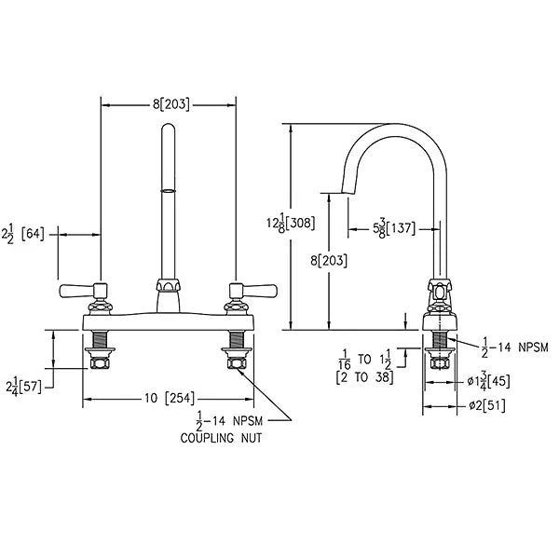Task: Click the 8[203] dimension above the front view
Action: [170, 104]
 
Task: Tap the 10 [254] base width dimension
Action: [170, 398]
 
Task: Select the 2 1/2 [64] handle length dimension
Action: [23, 234]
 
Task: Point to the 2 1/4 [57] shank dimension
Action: [23, 387]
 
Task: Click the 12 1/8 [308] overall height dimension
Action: [291, 223]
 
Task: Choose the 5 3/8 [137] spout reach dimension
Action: [394, 228]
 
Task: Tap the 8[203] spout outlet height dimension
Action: [329, 261]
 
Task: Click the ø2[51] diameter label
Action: [487, 405]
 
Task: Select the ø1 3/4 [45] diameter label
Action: [488, 382]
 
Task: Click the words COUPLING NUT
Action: [221, 438]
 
